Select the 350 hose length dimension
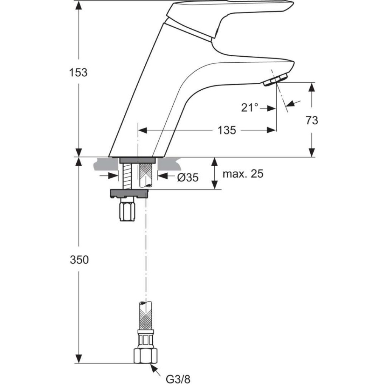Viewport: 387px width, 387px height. tap(79, 260)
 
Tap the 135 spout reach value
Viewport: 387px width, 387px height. tap(227, 130)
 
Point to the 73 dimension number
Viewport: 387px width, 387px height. tap(312, 121)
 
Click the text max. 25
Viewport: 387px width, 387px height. tap(243, 174)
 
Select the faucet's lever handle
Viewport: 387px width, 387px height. tap(231, 15)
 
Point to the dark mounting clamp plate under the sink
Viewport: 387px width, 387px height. tap(128, 193)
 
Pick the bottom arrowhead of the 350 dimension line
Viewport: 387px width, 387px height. tap(79, 359)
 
